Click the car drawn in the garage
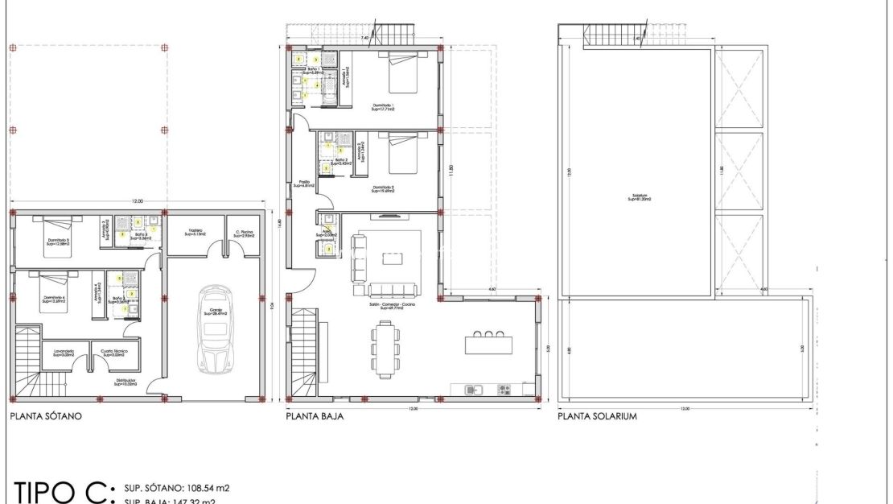point(214,328)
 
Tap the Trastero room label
point(195,233)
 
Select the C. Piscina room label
point(244,233)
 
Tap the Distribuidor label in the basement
point(125,382)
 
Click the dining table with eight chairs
point(385,349)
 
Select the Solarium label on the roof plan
point(639,196)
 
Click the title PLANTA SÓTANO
point(45,418)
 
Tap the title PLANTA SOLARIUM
point(597,417)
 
